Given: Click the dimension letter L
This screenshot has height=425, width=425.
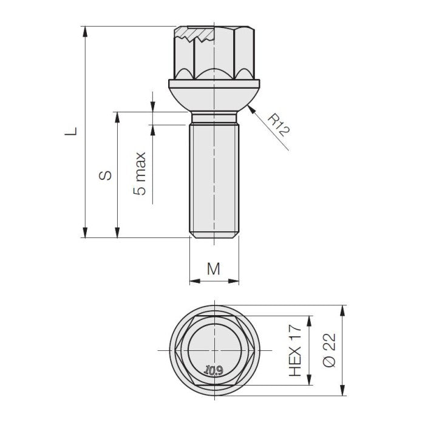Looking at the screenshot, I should [x=72, y=131].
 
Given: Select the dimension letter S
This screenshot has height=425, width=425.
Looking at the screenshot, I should [x=105, y=175].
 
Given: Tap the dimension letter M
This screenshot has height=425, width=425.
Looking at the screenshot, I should [x=214, y=270].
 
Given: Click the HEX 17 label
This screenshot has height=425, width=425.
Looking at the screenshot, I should [x=296, y=350].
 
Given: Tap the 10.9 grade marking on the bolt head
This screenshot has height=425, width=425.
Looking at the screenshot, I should [x=214, y=369].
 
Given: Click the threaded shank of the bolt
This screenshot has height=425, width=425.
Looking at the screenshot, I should [x=215, y=176].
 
